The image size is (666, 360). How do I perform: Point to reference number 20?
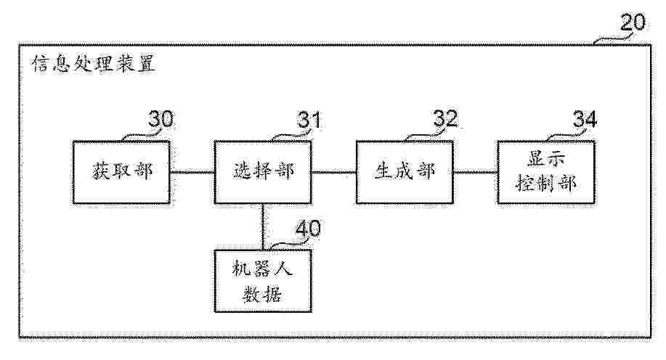[x=633, y=22]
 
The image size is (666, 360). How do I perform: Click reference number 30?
[x=161, y=119]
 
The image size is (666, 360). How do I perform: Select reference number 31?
[x=309, y=119]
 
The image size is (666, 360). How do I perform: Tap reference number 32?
[x=445, y=118]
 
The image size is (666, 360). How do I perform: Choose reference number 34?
[x=585, y=119]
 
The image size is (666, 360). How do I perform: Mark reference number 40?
[x=308, y=229]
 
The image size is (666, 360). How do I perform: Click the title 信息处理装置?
[x=94, y=64]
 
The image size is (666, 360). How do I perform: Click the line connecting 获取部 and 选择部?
[x=192, y=172]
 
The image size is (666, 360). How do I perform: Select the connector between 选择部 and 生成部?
[x=334, y=172]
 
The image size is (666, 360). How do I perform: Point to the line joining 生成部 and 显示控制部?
[x=476, y=172]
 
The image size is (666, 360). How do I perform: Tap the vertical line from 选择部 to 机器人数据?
[x=263, y=227]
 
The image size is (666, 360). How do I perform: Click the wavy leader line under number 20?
[x=614, y=39]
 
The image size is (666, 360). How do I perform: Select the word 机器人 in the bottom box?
[x=262, y=269]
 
